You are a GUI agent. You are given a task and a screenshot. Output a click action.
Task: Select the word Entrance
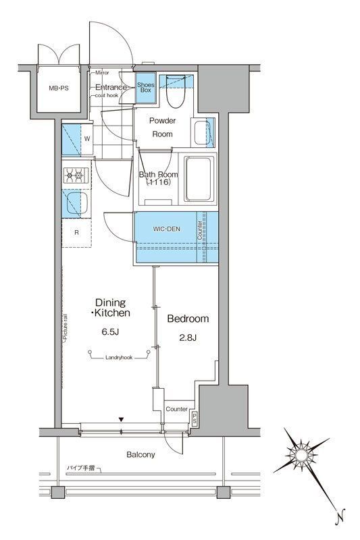coord(111,87)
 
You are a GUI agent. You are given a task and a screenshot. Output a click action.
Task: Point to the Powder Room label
coord(162,128)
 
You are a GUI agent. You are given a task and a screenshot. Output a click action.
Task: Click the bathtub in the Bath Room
coord(199,180)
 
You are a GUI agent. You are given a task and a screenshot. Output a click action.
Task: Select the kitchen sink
coord(74,203)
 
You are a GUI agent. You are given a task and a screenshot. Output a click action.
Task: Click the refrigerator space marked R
coord(76,233)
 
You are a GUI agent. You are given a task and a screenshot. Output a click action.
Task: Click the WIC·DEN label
coord(168,230)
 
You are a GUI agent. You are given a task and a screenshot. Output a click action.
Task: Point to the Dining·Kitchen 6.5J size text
coord(111,331)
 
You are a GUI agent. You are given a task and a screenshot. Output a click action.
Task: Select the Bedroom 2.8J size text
coord(187,337)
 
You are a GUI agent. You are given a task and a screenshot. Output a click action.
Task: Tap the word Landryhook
coord(119,358)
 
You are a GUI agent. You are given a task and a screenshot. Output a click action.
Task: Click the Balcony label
coord(140,454)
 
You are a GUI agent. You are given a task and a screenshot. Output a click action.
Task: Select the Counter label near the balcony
coord(176,409)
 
